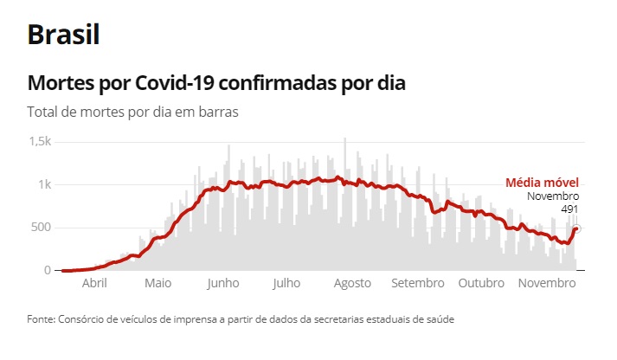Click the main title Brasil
(x=63, y=35)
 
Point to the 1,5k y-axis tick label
(x=40, y=141)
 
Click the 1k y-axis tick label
(x=44, y=184)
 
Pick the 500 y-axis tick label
(x=41, y=228)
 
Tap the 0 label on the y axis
(x=48, y=270)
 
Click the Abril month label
(x=94, y=284)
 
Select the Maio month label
(x=157, y=284)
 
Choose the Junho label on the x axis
(x=223, y=284)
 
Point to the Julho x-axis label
(x=286, y=284)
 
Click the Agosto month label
(x=352, y=284)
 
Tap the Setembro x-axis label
(x=417, y=284)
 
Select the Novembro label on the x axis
(x=547, y=284)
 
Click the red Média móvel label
(x=542, y=183)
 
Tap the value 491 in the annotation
(x=569, y=209)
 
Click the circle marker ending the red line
(x=576, y=228)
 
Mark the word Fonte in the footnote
(x=42, y=319)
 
